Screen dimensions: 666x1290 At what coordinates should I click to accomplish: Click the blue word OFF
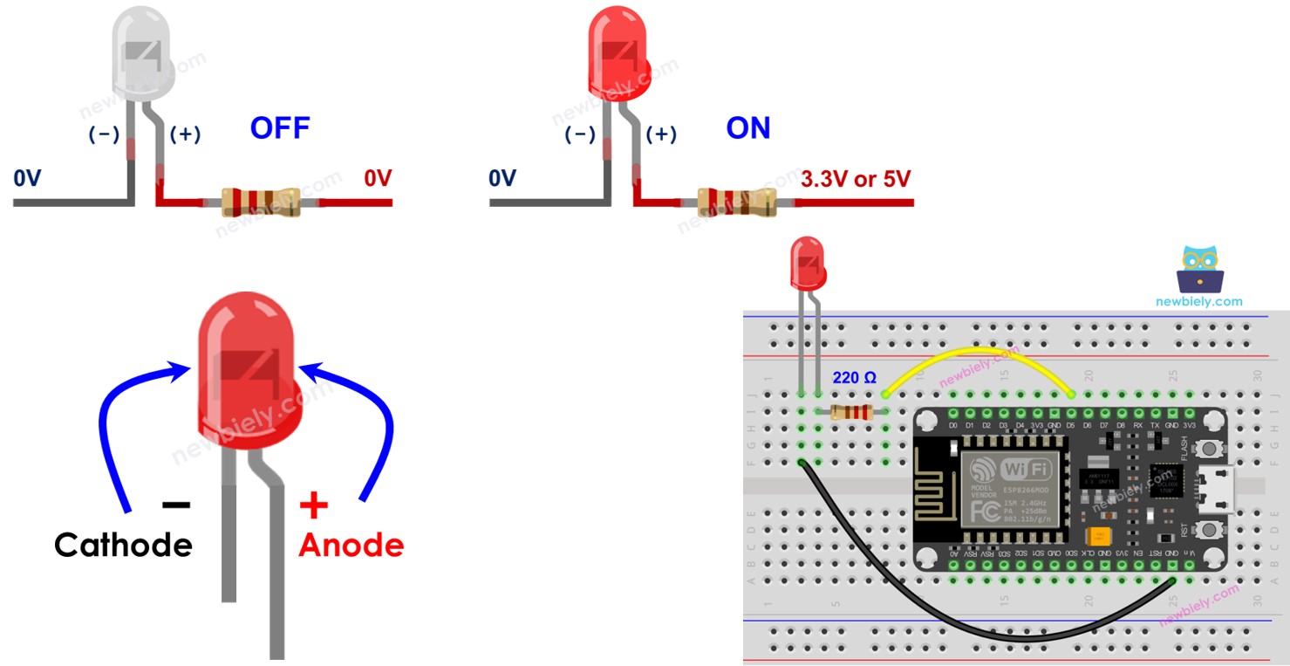[280, 128]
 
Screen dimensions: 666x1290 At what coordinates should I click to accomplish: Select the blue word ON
[748, 128]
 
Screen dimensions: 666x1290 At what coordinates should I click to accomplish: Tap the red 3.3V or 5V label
[856, 179]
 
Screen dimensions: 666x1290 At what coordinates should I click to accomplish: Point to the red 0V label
[378, 179]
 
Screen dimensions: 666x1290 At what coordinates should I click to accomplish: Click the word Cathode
[123, 545]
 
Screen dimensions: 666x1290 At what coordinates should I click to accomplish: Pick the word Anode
[352, 545]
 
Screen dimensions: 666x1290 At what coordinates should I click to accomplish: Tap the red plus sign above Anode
[313, 505]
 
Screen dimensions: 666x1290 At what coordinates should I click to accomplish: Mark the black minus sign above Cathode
[175, 505]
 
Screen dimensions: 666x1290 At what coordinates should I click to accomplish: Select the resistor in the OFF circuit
[260, 203]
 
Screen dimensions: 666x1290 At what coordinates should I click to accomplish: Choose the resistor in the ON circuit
[735, 203]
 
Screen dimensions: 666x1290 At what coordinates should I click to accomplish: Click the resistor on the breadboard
[852, 412]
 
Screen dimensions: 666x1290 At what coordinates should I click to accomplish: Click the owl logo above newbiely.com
[1199, 269]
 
